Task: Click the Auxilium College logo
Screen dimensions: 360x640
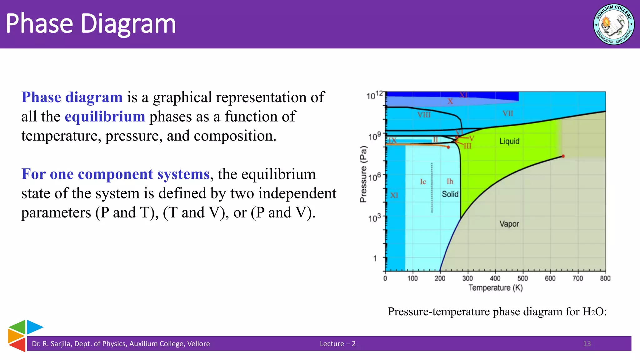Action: pos(614,24)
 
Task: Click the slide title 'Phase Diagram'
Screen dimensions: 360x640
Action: pos(91,24)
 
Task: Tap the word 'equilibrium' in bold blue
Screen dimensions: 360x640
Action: pos(105,117)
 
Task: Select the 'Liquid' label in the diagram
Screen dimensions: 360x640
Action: pos(509,141)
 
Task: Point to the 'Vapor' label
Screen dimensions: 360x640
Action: pos(509,224)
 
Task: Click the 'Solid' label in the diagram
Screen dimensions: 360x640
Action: pos(450,194)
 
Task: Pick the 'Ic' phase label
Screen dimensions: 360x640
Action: pos(423,182)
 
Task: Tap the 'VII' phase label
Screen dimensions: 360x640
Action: pos(508,113)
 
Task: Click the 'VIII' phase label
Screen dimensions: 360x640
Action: pos(424,115)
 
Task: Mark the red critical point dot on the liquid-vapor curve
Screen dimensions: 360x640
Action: pos(563,156)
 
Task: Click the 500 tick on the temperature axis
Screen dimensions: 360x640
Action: pos(522,278)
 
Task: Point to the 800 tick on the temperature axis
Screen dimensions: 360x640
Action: pos(605,278)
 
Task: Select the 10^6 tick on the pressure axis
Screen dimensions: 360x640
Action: pos(375,177)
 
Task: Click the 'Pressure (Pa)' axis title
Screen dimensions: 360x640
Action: pos(363,174)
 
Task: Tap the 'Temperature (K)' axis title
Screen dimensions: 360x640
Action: pos(495,288)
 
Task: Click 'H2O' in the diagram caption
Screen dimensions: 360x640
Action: pos(593,312)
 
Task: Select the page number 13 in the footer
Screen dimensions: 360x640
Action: pos(587,343)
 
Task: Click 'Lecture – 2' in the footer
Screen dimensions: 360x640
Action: pos(337,344)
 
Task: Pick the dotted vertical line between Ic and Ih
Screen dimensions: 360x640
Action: pos(432,187)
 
